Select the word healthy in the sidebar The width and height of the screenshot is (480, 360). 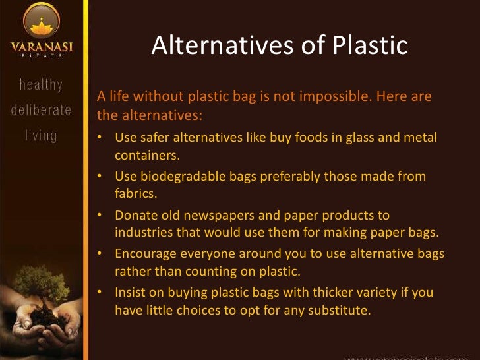pos(41,84)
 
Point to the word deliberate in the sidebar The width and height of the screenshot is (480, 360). pos(41,110)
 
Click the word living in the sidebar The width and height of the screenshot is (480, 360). pos(41,136)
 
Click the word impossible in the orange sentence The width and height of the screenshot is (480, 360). pos(333,97)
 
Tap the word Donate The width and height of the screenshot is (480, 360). pos(136,215)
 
